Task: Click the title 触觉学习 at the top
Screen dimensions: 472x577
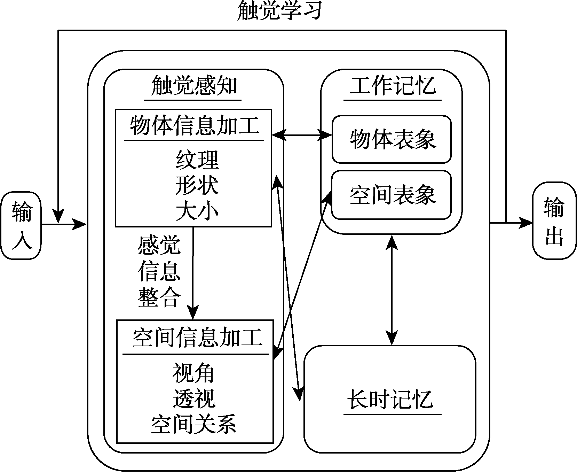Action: (278, 10)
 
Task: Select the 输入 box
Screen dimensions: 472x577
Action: (21, 225)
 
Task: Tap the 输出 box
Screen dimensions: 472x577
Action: (554, 221)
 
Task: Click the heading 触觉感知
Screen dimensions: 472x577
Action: (194, 86)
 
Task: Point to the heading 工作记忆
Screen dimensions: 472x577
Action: (392, 86)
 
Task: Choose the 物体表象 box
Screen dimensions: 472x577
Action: (392, 139)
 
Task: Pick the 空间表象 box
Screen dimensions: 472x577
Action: (392, 195)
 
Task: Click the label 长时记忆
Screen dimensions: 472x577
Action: (390, 399)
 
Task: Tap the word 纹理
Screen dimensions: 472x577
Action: (197, 160)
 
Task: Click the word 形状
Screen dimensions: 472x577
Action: (197, 185)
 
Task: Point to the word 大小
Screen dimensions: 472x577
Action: (197, 211)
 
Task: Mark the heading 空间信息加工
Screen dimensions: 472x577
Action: (197, 338)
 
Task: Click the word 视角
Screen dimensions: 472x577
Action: (193, 373)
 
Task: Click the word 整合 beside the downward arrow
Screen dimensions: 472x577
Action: (159, 298)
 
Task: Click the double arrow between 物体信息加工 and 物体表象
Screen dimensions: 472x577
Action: (302, 134)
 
